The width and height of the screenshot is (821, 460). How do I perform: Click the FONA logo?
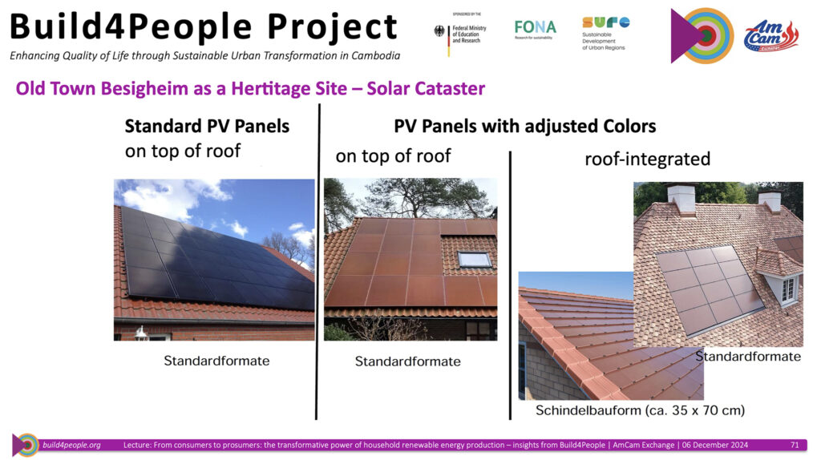pyautogui.click(x=535, y=30)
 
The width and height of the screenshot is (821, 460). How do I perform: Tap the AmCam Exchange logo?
pyautogui.click(x=770, y=35)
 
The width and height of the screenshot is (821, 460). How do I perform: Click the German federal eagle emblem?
pyautogui.click(x=439, y=31)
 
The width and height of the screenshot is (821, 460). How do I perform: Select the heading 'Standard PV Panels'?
pyautogui.click(x=207, y=126)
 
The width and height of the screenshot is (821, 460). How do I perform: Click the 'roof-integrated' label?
pyautogui.click(x=647, y=159)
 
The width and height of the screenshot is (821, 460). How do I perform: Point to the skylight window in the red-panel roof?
pyautogui.click(x=475, y=259)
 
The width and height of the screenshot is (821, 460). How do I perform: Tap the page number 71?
pyautogui.click(x=795, y=445)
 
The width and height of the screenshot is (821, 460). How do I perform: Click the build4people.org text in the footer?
pyautogui.click(x=71, y=445)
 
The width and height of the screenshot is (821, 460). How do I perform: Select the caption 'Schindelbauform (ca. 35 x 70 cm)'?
pyautogui.click(x=640, y=410)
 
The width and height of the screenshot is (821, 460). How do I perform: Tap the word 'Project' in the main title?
pyautogui.click(x=333, y=27)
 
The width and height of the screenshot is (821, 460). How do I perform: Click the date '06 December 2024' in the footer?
pyautogui.click(x=714, y=445)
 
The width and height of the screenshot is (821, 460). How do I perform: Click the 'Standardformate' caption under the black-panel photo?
pyautogui.click(x=216, y=361)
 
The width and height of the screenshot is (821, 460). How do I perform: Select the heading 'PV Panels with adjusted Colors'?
pyautogui.click(x=524, y=126)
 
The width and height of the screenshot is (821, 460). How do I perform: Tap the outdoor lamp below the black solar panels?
pyautogui.click(x=141, y=333)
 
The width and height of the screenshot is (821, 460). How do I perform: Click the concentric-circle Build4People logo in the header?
pyautogui.click(x=702, y=35)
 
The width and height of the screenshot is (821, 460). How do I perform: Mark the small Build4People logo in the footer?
pyautogui.click(x=25, y=445)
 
